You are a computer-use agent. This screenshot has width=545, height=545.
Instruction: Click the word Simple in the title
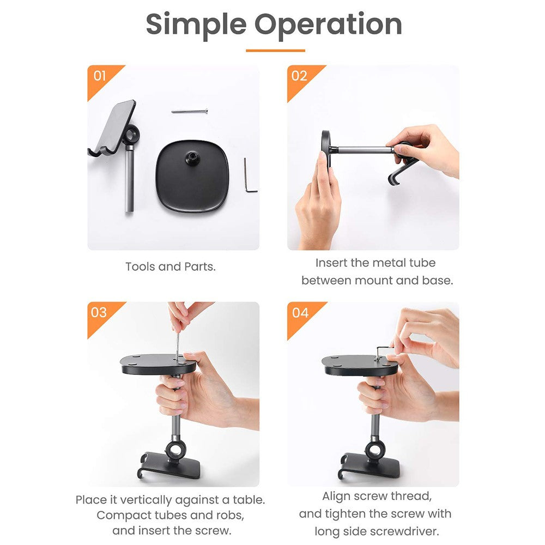point(196,25)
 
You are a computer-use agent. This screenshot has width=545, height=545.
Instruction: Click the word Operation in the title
point(328,25)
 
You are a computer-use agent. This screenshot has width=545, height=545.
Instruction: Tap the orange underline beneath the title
point(275,51)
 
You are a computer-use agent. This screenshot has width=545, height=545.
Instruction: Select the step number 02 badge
point(299,76)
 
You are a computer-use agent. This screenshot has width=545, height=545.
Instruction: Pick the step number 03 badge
point(99,312)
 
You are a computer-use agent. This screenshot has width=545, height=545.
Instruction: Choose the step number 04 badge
point(300,313)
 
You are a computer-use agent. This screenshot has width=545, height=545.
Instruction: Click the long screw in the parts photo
point(190,111)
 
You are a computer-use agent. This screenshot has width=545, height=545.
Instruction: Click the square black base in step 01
point(192,176)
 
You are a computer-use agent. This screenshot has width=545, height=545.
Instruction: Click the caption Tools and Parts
point(170,267)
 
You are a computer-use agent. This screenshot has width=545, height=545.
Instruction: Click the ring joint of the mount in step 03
point(175,450)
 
